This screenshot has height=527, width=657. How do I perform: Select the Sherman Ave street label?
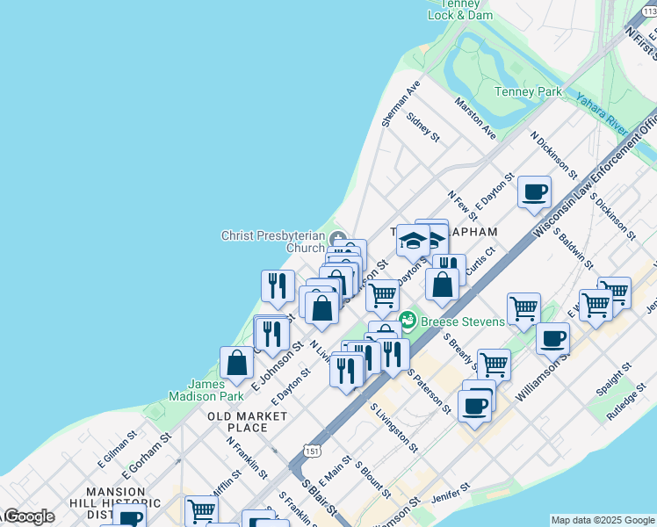click(401, 105)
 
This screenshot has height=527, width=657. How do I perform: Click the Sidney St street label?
click(423, 128)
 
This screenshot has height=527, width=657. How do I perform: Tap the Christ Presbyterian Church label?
click(273, 242)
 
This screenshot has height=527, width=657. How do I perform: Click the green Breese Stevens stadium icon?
click(408, 321)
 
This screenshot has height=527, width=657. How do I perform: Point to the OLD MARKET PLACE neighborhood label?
click(236, 421)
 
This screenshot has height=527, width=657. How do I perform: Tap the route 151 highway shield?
click(313, 450)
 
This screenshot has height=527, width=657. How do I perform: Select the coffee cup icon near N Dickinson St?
click(534, 192)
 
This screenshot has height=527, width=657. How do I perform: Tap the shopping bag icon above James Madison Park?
click(237, 362)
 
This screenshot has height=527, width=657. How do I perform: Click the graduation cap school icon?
click(413, 239)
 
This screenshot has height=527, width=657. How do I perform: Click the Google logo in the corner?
click(28, 516)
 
